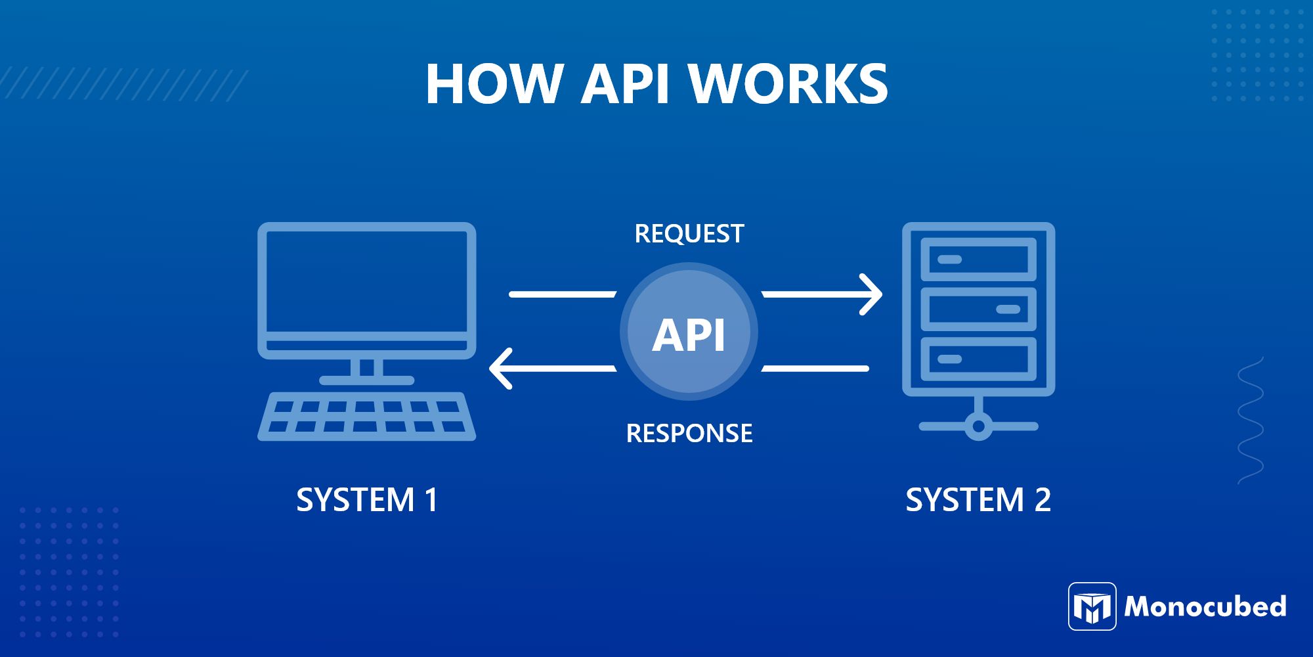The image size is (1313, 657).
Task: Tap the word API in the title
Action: click(x=624, y=84)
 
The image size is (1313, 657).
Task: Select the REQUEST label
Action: click(x=689, y=234)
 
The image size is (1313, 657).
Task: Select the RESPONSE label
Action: click(x=689, y=434)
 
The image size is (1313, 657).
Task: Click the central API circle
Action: click(x=689, y=332)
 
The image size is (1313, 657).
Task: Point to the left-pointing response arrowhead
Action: click(x=500, y=369)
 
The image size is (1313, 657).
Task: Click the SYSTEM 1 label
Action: click(x=366, y=500)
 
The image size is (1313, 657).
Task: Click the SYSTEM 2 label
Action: click(x=978, y=500)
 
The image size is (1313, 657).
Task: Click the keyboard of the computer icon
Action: click(x=366, y=417)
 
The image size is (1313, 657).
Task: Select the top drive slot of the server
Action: click(x=978, y=260)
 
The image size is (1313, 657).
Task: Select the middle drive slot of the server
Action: click(x=978, y=309)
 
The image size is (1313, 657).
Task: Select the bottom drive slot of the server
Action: click(x=978, y=359)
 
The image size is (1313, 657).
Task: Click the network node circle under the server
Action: click(x=978, y=426)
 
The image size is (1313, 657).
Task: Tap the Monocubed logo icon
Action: click(x=1092, y=606)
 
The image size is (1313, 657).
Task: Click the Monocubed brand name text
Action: click(x=1205, y=606)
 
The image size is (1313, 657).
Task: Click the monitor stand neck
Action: click(x=366, y=367)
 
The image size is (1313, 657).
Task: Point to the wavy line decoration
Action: click(x=1251, y=420)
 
